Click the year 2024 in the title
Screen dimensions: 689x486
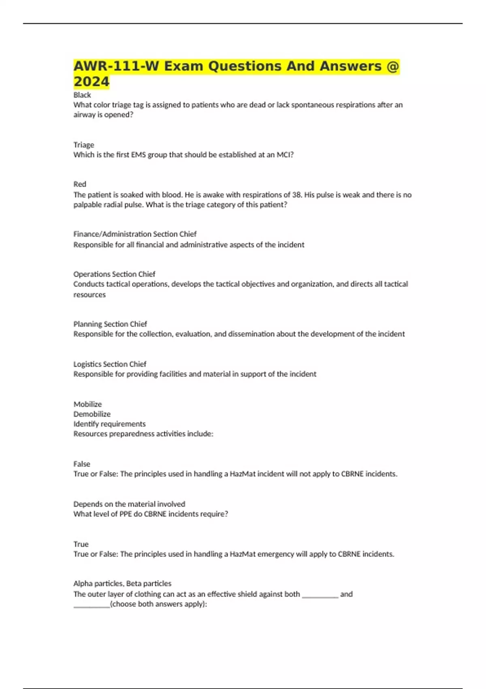pyautogui.click(x=92, y=81)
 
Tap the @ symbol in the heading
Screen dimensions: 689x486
pyautogui.click(x=392, y=66)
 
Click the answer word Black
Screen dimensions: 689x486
pyautogui.click(x=82, y=95)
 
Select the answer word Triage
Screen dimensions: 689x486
pyautogui.click(x=84, y=145)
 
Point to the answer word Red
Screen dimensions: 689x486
pyautogui.click(x=80, y=184)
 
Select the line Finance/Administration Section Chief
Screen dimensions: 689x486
pyautogui.click(x=135, y=234)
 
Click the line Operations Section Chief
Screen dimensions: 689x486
pyautogui.click(x=114, y=274)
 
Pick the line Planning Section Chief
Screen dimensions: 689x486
pyautogui.click(x=110, y=324)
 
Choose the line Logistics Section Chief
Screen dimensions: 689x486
pyautogui.click(x=110, y=364)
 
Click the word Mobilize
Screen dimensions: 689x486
pyautogui.click(x=87, y=404)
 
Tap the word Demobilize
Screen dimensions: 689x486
pyautogui.click(x=92, y=414)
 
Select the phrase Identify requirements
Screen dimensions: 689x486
pyautogui.click(x=109, y=424)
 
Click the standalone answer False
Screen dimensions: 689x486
pyautogui.click(x=82, y=464)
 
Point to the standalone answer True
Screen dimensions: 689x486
pyautogui.click(x=81, y=544)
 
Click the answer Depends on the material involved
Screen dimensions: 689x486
pyautogui.click(x=129, y=504)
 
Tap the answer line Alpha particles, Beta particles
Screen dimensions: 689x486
pyautogui.click(x=122, y=583)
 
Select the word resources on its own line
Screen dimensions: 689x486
pyautogui.click(x=90, y=295)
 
